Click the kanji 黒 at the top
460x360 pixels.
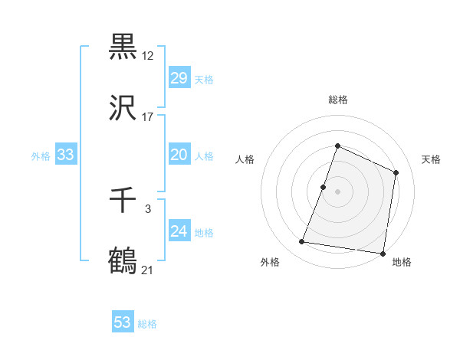[x=123, y=47]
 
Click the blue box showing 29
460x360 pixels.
[x=179, y=78]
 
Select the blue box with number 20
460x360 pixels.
[x=179, y=155]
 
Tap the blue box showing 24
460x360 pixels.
[x=179, y=231]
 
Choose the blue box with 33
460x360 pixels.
[x=66, y=155]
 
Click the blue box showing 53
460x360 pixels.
[x=123, y=322]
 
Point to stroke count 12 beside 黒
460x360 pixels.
[x=148, y=56]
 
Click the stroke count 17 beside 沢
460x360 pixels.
[x=148, y=117]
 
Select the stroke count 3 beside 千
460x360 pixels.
[x=148, y=208]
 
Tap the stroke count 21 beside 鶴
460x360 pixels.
[x=148, y=270]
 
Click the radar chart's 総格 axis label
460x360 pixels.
[x=337, y=100]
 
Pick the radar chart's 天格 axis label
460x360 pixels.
[x=431, y=159]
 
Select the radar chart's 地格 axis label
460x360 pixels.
[x=402, y=263]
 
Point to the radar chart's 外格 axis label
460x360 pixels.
[x=270, y=263]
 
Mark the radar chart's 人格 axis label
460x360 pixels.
[x=245, y=159]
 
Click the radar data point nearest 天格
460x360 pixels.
[x=396, y=172]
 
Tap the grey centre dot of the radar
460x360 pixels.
[x=337, y=191]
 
